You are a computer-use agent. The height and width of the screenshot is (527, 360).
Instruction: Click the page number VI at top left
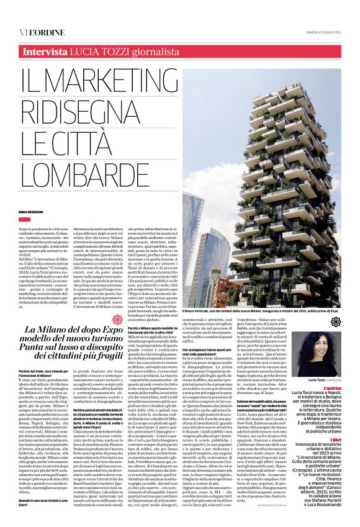tap(22, 15)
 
